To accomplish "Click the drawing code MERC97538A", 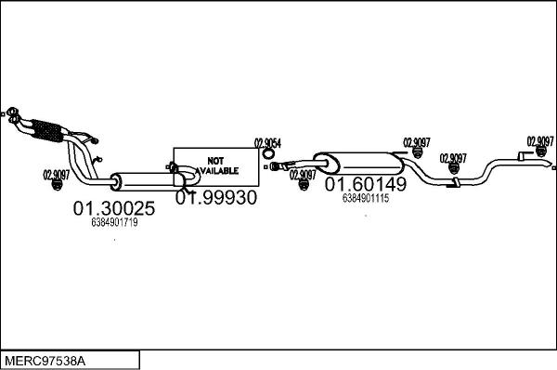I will [43, 359].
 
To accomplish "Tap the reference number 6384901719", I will [114, 223].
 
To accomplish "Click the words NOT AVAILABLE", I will [216, 165].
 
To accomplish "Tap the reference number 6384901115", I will [365, 197].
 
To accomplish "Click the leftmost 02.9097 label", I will [58, 173].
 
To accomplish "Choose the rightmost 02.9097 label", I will [540, 141].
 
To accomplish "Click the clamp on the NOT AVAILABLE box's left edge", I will [173, 168].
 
